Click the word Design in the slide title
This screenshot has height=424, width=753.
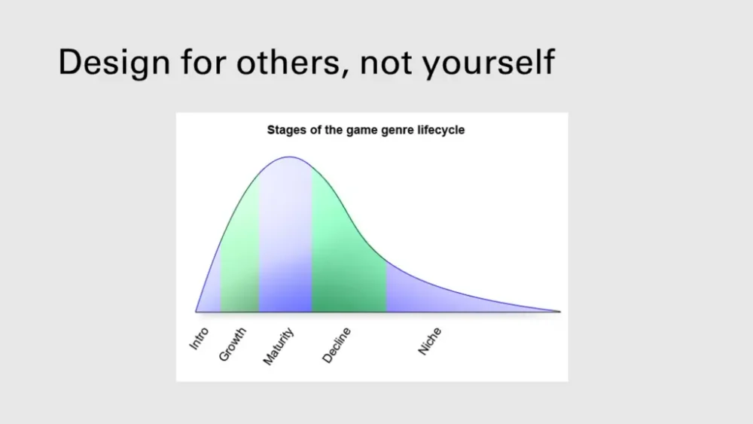tap(114, 63)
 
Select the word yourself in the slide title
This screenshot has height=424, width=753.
tap(489, 63)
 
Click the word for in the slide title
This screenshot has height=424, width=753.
tap(203, 62)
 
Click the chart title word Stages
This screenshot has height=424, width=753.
tap(287, 130)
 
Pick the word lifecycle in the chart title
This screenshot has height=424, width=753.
tap(441, 130)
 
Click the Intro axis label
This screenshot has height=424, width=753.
tap(199, 339)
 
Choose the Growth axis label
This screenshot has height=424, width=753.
tap(232, 344)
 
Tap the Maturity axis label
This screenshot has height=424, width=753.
tap(278, 346)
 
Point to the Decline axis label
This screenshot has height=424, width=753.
tap(336, 345)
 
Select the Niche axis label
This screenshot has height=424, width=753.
tap(429, 341)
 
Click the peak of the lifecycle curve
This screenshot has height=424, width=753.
tap(290, 157)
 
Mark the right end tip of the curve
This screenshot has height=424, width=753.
tap(560, 312)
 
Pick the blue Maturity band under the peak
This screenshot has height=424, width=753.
tap(285, 240)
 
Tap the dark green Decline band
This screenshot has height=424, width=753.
tap(349, 259)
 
